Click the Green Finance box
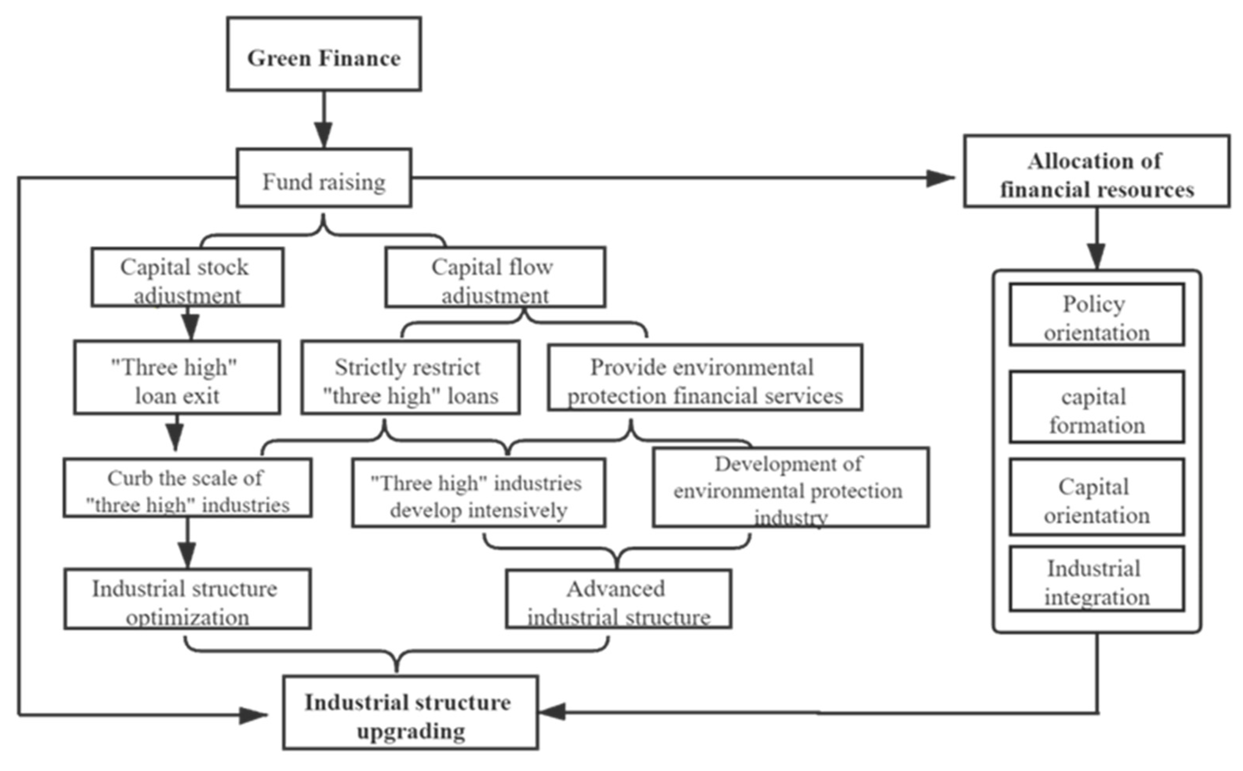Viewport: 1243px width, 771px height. click(x=324, y=54)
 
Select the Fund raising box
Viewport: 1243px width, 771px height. click(x=324, y=178)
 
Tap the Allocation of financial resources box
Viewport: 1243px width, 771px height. click(x=1096, y=171)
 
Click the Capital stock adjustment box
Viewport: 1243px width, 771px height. click(x=187, y=278)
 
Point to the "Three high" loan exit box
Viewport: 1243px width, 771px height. click(x=177, y=377)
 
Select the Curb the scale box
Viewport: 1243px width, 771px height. click(x=187, y=488)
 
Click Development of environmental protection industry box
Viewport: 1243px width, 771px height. click(x=791, y=488)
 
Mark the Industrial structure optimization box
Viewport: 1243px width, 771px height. click(x=187, y=599)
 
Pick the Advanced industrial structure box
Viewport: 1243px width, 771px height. click(x=618, y=599)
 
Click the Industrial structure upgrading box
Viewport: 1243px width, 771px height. click(x=410, y=713)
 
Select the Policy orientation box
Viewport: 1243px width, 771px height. click(x=1096, y=314)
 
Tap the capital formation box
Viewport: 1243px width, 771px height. click(x=1096, y=407)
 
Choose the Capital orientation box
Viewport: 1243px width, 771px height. click(x=1096, y=497)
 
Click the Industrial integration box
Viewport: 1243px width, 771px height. click(x=1096, y=579)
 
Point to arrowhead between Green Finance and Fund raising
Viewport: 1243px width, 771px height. click(x=324, y=135)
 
